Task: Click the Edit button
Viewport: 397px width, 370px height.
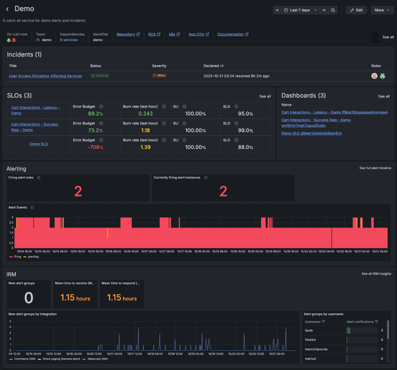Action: (x=356, y=10)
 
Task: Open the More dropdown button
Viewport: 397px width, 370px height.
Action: (x=382, y=10)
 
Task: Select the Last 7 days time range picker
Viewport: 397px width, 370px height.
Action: (x=300, y=10)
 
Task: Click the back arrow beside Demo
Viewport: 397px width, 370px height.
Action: (x=7, y=9)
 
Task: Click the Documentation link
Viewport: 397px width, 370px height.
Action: (x=233, y=35)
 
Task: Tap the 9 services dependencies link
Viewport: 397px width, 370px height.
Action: (x=69, y=40)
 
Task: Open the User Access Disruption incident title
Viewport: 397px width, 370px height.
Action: (x=45, y=76)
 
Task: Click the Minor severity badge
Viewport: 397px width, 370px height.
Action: (x=159, y=75)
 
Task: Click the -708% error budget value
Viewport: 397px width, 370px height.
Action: (x=95, y=147)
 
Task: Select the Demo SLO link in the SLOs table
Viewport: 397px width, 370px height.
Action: (x=39, y=144)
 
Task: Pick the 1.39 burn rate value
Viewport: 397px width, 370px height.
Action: (x=145, y=147)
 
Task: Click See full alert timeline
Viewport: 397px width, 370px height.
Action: (x=375, y=168)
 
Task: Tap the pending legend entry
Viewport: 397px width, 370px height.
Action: (x=33, y=256)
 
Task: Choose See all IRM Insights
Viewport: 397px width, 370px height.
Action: (x=376, y=274)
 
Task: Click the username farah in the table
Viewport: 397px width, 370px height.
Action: (x=309, y=330)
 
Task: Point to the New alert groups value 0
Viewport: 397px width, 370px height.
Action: (x=29, y=298)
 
